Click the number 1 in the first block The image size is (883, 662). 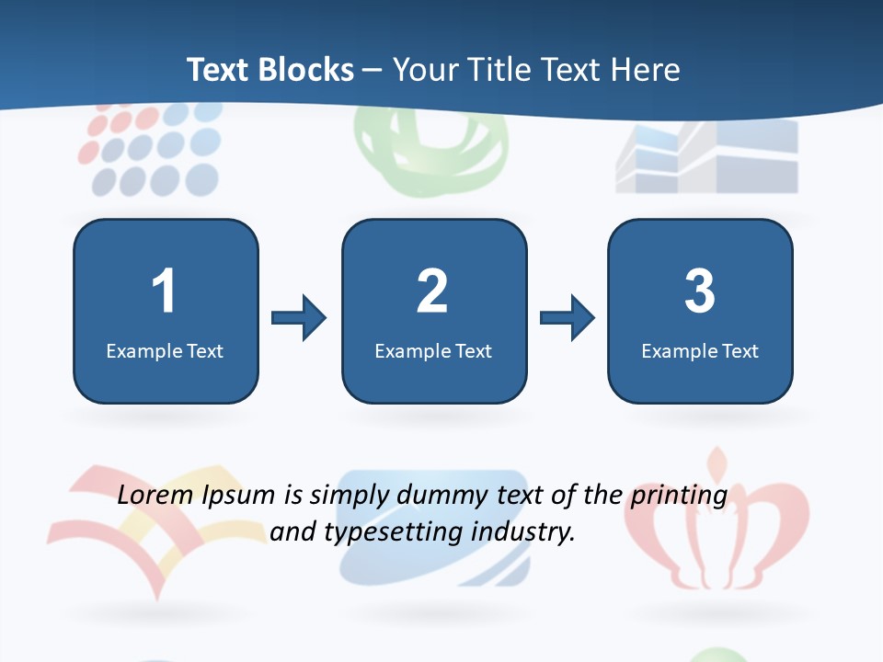pos(164,291)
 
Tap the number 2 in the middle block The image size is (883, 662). pos(432,291)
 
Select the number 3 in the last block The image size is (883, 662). pos(700,291)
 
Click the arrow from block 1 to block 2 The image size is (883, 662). pos(299,318)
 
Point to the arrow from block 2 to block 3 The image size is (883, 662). pos(568,318)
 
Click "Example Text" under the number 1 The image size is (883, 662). pos(165,350)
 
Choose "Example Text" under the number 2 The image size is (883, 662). pos(433,350)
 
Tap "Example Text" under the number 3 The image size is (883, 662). pos(700,350)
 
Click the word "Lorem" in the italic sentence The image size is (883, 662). pos(156,496)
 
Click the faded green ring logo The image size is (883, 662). pos(430,154)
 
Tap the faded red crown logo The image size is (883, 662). pos(716,524)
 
